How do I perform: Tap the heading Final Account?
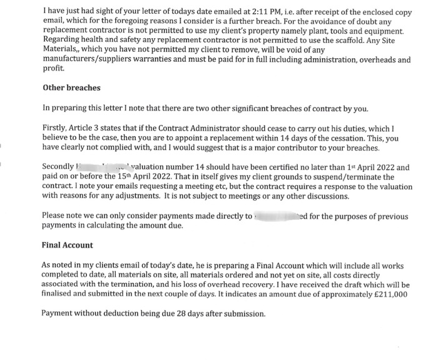pyautogui.click(x=67, y=245)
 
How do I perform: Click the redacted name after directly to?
pyautogui.click(x=275, y=216)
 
